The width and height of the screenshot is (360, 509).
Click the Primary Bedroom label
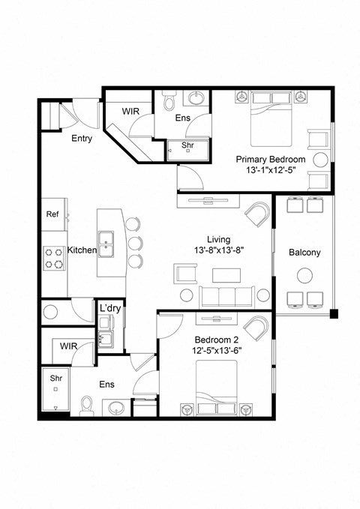coord(270,160)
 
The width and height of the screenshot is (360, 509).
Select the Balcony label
coord(304,252)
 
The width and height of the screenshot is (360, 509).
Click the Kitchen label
coord(82,250)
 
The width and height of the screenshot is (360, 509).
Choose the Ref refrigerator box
coord(52,214)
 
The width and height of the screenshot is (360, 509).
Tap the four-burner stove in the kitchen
coord(54,259)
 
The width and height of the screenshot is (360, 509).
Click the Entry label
coord(82,139)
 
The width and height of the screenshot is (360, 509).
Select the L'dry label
coord(109,308)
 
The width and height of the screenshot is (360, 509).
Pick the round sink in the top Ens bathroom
coord(197,97)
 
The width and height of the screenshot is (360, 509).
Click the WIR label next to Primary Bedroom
coord(131,111)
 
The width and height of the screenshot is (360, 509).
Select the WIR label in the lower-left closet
coord(68,346)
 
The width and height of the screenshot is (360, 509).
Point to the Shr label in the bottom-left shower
coord(55,379)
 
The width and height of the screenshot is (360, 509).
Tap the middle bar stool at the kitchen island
coord(134,243)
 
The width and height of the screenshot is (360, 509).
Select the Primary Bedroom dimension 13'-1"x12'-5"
coord(270,172)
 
